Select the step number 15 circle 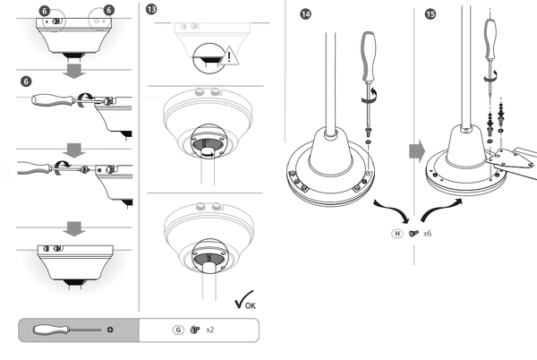click(432, 16)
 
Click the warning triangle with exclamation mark click(234, 56)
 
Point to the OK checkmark click(242, 301)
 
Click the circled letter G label click(179, 330)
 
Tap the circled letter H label click(396, 233)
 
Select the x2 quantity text click(210, 330)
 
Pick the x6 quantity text click(428, 233)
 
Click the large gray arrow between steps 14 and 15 click(416, 151)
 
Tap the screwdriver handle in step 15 click(490, 37)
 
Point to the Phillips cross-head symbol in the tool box click(110, 330)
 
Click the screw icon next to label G click(194, 330)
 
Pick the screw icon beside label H click(413, 233)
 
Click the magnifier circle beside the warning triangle click(207, 56)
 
